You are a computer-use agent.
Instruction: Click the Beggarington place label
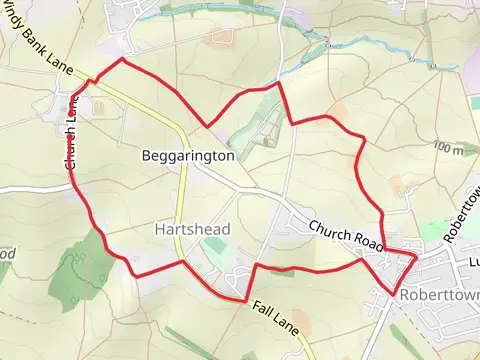pyautogui.click(x=188, y=156)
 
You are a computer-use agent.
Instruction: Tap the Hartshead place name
pyautogui.click(x=193, y=229)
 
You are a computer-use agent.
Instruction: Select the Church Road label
pyautogui.click(x=346, y=235)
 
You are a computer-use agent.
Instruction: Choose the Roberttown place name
pyautogui.click(x=439, y=296)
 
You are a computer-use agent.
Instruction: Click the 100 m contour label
pyautogui.click(x=449, y=149)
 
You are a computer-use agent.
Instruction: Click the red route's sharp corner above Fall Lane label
pyautogui.click(x=246, y=300)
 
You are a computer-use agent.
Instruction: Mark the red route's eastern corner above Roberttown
pyautogui.click(x=415, y=256)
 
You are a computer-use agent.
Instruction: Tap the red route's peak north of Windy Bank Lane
pyautogui.click(x=123, y=59)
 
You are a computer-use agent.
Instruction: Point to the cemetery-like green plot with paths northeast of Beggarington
pyautogui.click(x=262, y=130)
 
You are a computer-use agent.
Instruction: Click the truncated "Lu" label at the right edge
pyautogui.click(x=473, y=263)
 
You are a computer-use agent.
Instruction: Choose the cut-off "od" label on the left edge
pyautogui.click(x=6, y=253)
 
